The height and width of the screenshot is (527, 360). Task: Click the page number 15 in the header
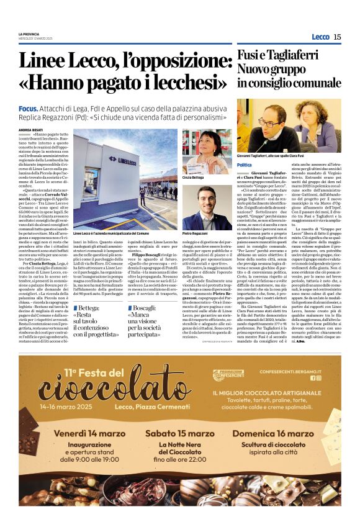(x=337, y=37)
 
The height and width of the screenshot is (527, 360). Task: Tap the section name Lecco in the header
(x=320, y=37)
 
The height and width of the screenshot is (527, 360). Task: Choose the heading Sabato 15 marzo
(x=180, y=432)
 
